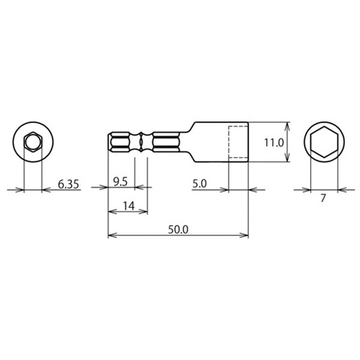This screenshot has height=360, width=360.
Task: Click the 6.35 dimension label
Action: tap(69, 184)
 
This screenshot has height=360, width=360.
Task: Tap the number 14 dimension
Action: tap(127, 205)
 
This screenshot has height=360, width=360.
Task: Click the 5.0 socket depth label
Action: tap(199, 184)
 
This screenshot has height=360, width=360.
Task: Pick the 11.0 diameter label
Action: tap(273, 142)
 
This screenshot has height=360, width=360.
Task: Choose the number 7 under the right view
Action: tap(323, 198)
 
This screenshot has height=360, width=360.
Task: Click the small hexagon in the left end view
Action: tap(32, 143)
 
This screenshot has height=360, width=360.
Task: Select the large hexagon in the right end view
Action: tap(324, 143)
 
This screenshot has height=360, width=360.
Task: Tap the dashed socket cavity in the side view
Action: tap(238, 143)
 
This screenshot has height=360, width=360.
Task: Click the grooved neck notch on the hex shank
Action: tap(142, 143)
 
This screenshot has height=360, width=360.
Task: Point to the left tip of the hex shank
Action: tap(109, 143)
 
